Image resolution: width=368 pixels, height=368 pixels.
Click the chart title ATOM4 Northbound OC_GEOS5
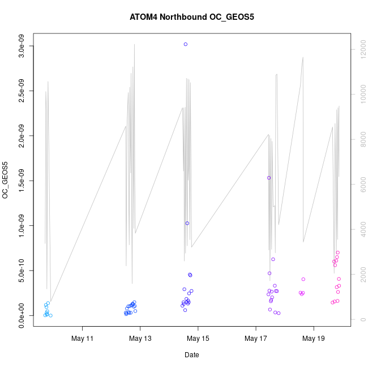click(x=191, y=17)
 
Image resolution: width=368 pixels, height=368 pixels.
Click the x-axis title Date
click(x=191, y=355)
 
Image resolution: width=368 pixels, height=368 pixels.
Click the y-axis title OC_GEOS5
click(x=6, y=180)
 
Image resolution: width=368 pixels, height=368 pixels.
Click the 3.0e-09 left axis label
click(x=21, y=46)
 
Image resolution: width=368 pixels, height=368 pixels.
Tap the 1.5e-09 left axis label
click(x=21, y=181)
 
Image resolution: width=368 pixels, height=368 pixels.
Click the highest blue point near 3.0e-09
click(x=186, y=44)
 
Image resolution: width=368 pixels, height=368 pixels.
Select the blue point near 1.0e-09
click(x=187, y=223)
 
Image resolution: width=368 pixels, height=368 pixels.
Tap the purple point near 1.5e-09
click(x=269, y=178)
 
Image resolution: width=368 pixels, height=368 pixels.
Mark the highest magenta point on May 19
click(x=337, y=253)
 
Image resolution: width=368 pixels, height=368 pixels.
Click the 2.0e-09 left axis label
click(x=21, y=136)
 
